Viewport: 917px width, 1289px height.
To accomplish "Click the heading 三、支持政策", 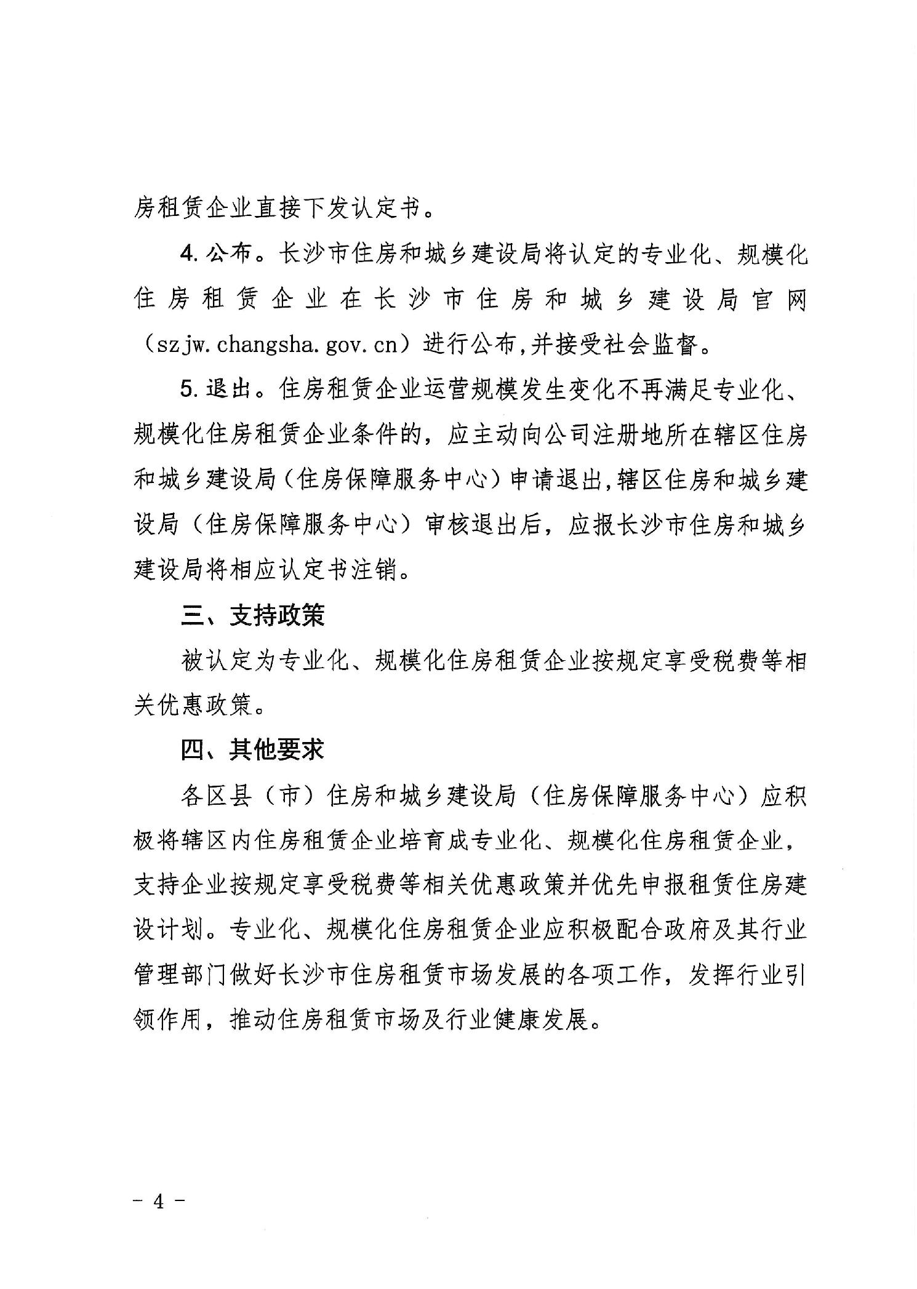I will point(253,616).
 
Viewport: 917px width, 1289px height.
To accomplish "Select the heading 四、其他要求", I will point(252,750).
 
